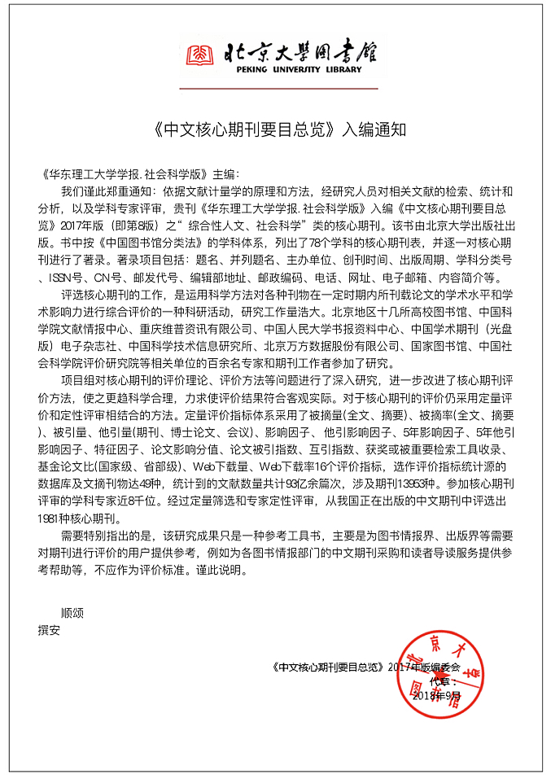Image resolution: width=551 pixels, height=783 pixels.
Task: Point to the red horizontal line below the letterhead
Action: click(x=279, y=88)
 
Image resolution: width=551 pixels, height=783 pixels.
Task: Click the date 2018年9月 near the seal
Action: click(x=436, y=696)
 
